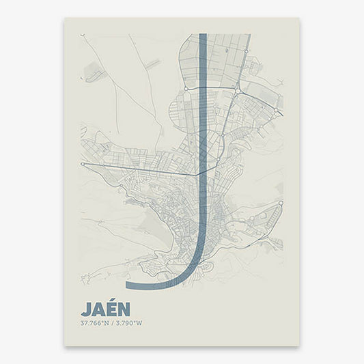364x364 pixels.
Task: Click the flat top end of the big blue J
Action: tap(203, 35)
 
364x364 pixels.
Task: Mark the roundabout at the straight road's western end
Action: tap(82, 164)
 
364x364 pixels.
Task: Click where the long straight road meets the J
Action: tap(200, 173)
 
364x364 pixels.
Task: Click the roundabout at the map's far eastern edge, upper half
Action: tap(276, 110)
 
